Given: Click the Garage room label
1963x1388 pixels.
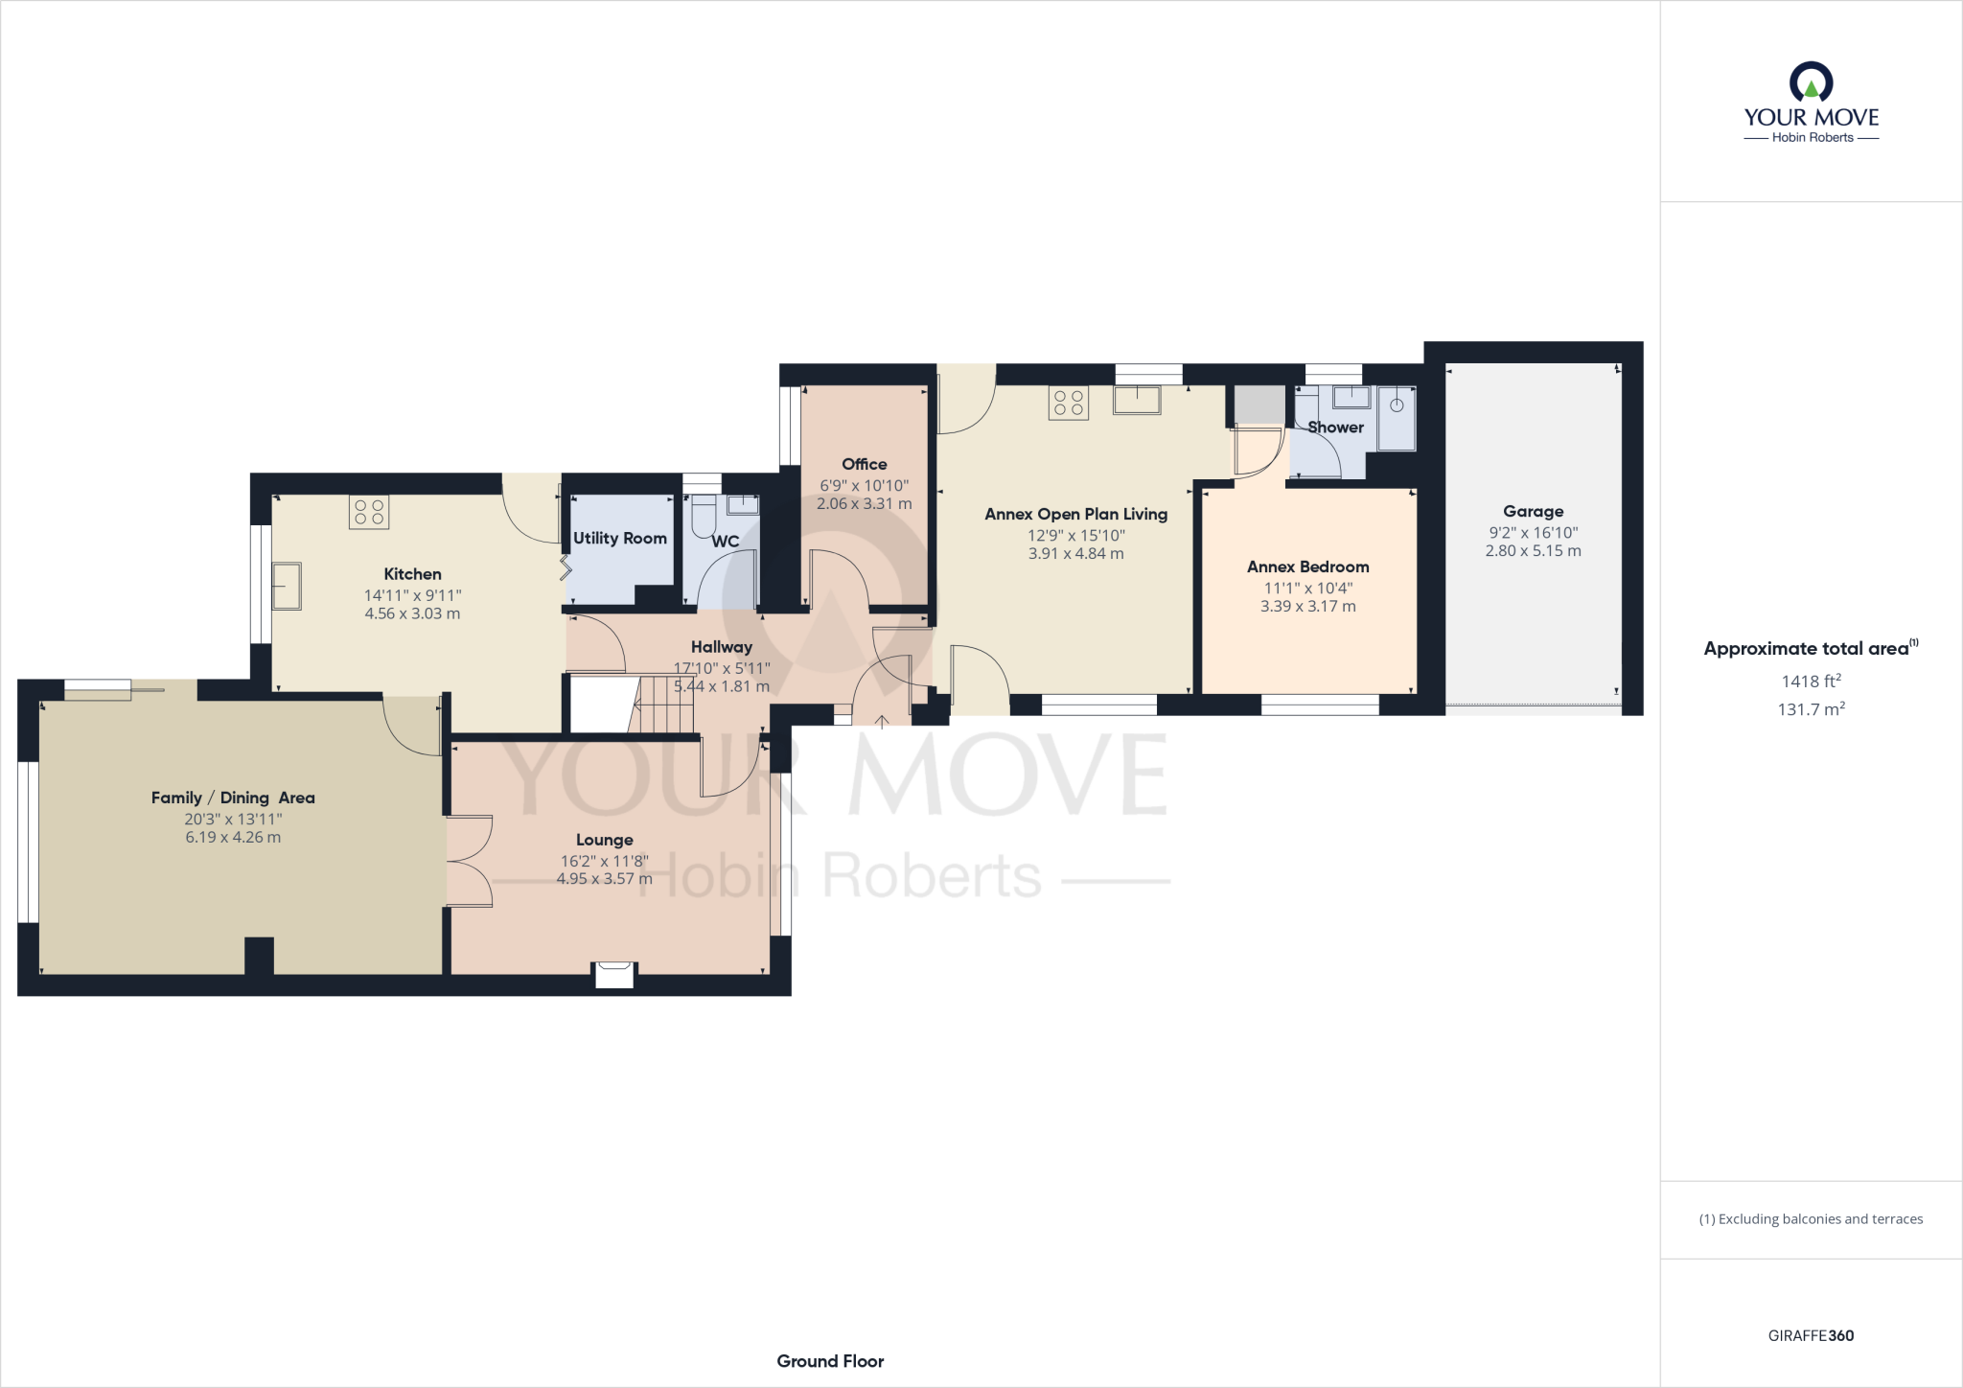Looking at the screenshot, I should (x=1533, y=512).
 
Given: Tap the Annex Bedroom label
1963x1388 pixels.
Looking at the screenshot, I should (x=1307, y=567).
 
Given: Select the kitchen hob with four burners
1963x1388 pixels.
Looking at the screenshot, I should (x=369, y=513).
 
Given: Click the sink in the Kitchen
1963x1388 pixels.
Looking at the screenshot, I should (x=287, y=586).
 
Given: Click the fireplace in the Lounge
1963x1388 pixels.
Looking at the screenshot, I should (x=614, y=974).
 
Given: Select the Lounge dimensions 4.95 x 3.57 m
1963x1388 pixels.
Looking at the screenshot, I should (x=604, y=878).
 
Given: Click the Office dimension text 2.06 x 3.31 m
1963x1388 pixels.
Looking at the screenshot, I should (x=864, y=503).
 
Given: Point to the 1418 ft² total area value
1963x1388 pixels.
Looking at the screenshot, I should (x=1811, y=682).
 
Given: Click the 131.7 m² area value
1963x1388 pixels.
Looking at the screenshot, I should (x=1811, y=709).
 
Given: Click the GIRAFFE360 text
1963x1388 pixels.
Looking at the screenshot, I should (x=1811, y=1335).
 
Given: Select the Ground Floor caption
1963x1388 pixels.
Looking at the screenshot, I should (x=830, y=1361).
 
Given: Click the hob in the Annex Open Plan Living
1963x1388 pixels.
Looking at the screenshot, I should (x=1068, y=403).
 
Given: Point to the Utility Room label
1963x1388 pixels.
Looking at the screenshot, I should (x=619, y=539).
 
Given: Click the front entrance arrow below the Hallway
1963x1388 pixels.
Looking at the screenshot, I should (x=882, y=722).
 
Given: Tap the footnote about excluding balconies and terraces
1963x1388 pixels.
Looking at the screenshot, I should (x=1811, y=1219).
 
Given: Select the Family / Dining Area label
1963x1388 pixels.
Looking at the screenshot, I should (x=233, y=798).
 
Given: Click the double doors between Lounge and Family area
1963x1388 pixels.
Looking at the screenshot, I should (x=469, y=860).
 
